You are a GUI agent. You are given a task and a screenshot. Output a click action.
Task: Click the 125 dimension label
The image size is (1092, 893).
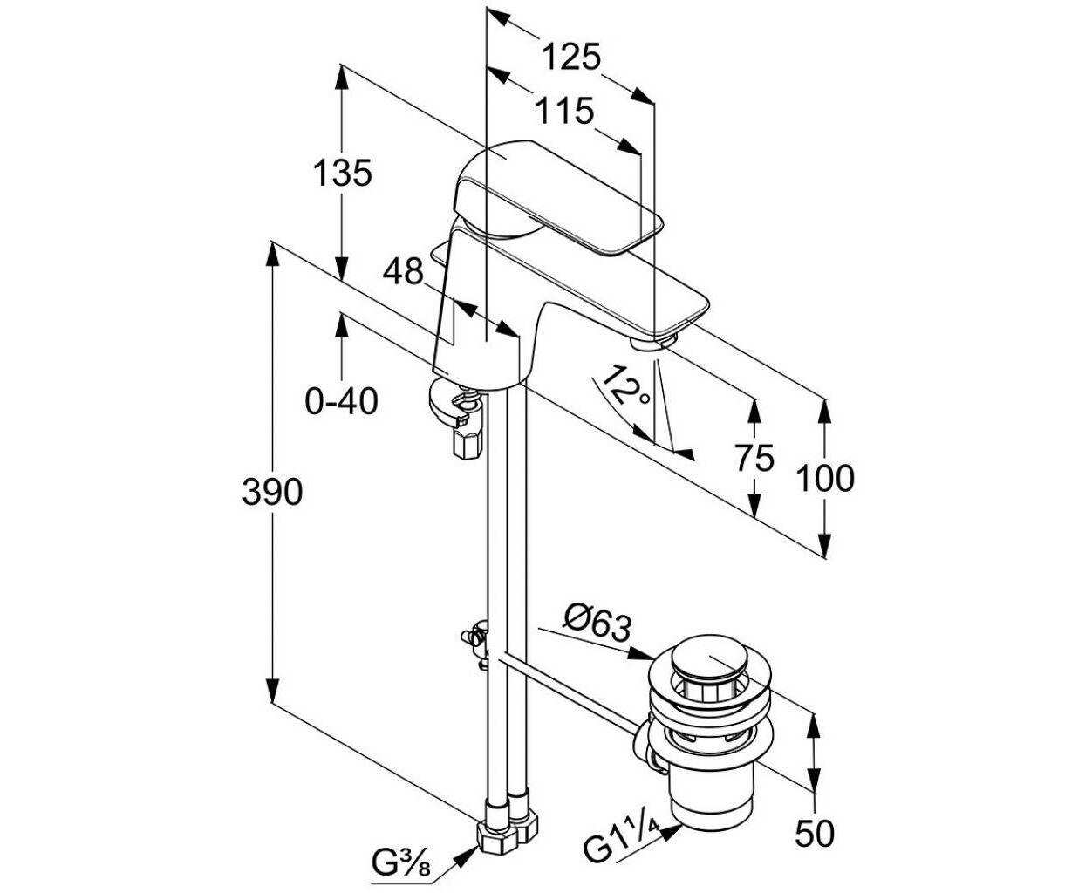tap(570, 57)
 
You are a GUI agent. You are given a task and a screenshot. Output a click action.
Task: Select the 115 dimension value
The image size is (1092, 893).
tap(563, 111)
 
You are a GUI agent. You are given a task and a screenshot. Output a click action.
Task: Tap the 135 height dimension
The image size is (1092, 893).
tap(342, 173)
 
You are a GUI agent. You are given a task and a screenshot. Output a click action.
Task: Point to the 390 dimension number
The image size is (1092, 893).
tap(272, 492)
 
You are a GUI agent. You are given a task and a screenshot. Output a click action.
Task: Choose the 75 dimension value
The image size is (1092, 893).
tap(754, 458)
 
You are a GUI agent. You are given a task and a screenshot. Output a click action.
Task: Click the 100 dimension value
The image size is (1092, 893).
tap(825, 478)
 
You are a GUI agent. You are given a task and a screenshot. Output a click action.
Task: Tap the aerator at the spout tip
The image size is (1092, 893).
tap(653, 343)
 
